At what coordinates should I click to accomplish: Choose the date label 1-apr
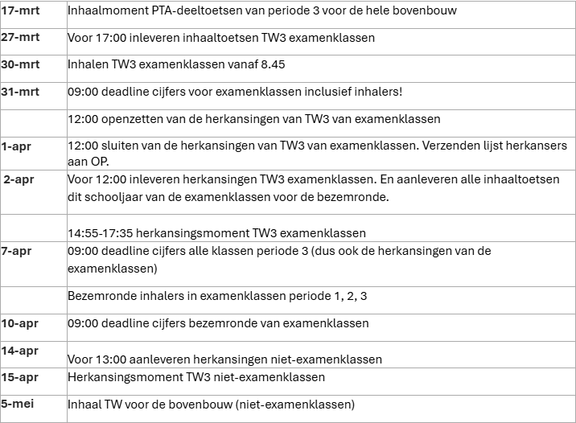(x=15, y=146)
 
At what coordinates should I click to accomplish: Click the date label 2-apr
(x=18, y=179)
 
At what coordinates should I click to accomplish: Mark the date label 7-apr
(x=16, y=251)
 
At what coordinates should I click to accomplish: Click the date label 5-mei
(x=17, y=403)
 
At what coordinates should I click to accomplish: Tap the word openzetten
(x=132, y=119)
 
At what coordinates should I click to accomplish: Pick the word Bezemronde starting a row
(x=99, y=296)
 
